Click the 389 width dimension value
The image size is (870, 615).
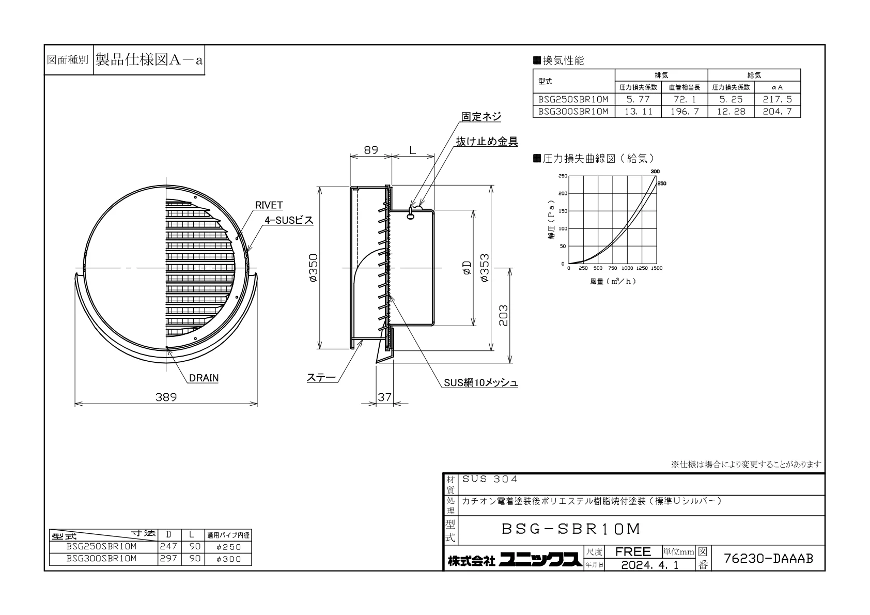click(166, 397)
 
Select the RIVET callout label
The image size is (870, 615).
click(269, 205)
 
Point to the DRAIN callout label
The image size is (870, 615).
click(204, 378)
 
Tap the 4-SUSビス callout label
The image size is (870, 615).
click(289, 220)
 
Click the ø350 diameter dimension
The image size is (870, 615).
click(314, 268)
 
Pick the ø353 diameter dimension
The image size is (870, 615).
click(485, 268)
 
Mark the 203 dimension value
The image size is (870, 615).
click(503, 315)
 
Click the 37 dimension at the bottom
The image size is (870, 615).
click(384, 397)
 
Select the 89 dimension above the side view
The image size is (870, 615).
click(371, 150)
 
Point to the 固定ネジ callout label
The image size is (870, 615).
click(481, 117)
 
